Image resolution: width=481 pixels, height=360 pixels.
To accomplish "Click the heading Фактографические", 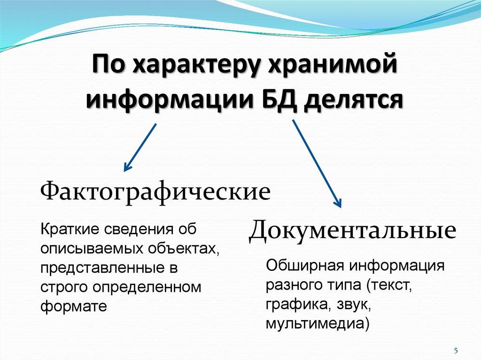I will click(156, 192).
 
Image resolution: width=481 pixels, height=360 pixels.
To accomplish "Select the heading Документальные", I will click(352, 231).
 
